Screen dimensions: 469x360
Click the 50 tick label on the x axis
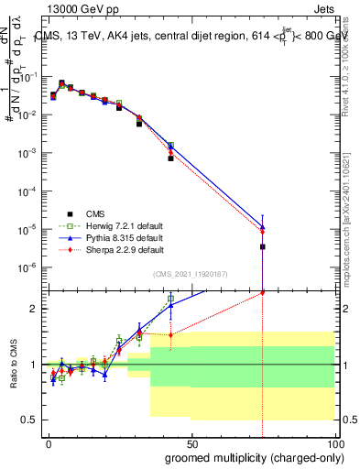point(191,442)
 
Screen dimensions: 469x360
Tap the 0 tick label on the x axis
point(49,442)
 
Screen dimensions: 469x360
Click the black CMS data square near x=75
point(263,246)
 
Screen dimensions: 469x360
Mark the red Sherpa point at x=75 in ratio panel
point(263,293)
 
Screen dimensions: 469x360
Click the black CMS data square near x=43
point(170,158)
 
